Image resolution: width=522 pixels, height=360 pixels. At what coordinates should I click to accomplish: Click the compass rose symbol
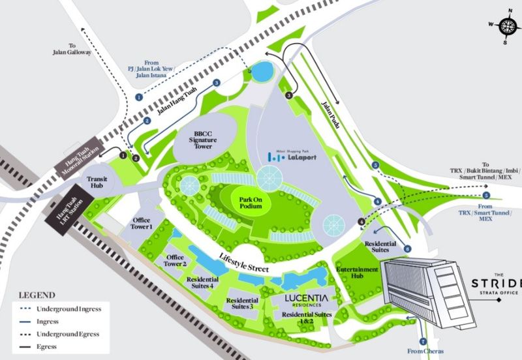coord(508,27)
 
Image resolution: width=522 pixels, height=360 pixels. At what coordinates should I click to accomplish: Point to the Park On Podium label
coord(251,202)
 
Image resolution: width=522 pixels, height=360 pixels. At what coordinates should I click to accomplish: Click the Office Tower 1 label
coord(142,224)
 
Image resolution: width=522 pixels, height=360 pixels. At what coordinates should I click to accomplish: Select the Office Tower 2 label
coord(176,260)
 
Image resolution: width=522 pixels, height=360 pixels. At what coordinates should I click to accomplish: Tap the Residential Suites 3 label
coord(239,304)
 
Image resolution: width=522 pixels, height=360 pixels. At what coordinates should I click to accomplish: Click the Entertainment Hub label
coord(357,274)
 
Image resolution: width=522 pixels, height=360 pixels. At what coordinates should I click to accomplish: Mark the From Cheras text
coord(425,352)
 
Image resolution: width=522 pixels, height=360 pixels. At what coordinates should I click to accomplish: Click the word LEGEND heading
coord(37,295)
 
